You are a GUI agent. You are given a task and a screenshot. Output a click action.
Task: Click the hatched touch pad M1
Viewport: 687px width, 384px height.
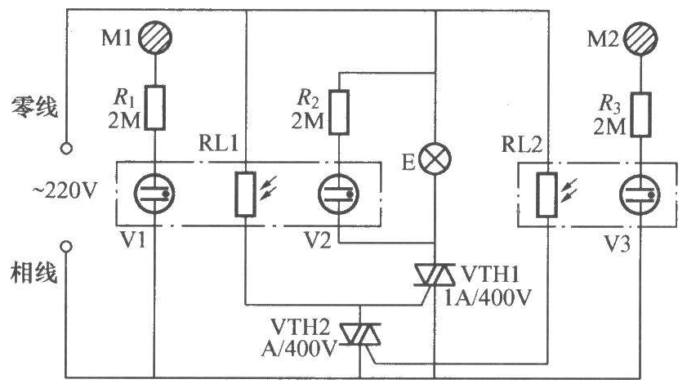[x=155, y=38]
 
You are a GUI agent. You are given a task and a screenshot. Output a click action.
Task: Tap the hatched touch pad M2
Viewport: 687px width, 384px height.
[x=640, y=38]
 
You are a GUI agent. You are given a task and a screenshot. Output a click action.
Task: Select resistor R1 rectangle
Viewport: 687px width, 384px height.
[x=155, y=107]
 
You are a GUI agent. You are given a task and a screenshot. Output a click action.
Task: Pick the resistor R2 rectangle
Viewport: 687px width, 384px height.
[x=339, y=112]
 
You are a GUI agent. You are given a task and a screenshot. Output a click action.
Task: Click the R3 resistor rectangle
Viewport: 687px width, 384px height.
[x=640, y=114]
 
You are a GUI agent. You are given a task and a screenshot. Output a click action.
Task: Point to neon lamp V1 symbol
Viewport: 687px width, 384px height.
[x=155, y=194]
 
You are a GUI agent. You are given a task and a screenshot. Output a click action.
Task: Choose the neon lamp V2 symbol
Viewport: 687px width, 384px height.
[x=339, y=194]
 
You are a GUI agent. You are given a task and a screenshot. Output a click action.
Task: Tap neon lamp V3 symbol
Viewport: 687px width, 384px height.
[x=640, y=194]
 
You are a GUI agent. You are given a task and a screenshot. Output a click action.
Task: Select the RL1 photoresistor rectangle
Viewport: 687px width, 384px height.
[x=245, y=194]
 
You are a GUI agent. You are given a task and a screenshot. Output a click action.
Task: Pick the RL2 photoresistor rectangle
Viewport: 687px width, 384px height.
[x=547, y=194]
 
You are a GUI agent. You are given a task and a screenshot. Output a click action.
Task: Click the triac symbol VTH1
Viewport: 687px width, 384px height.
[x=435, y=275]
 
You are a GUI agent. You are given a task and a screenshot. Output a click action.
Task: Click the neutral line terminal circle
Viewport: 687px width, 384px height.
[x=66, y=148]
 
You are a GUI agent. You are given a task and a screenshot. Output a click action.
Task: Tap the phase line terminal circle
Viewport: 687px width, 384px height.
[x=66, y=247]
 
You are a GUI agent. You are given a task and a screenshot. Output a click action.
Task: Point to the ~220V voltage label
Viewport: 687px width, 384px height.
[x=65, y=191]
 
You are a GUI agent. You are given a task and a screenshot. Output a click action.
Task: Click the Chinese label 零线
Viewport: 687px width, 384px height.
[x=34, y=107]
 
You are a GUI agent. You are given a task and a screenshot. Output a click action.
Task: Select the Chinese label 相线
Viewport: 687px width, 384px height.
[x=34, y=273]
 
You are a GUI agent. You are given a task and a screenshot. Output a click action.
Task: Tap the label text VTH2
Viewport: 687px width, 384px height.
[x=300, y=327]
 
